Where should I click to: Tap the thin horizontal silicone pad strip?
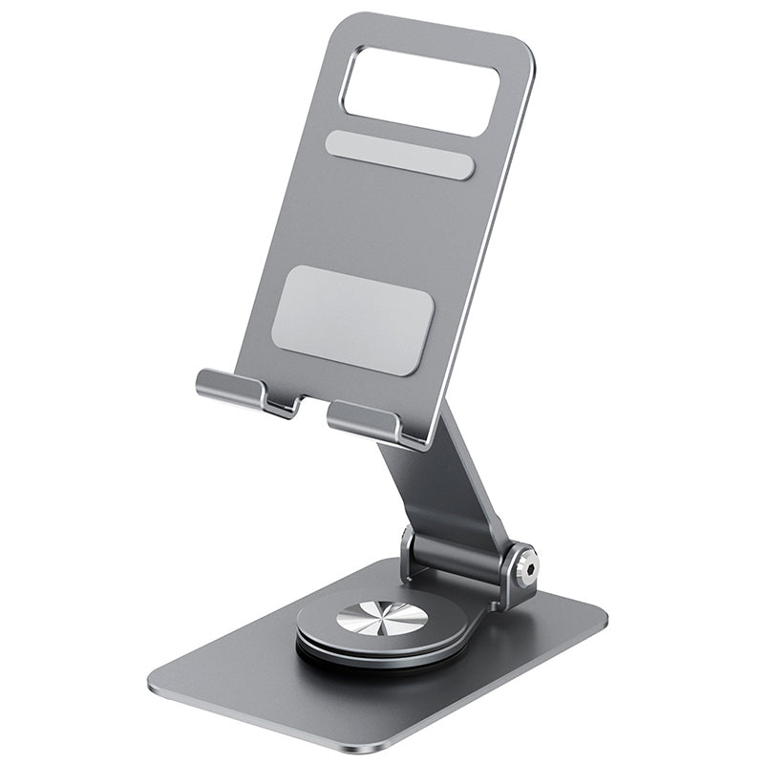(x=399, y=156)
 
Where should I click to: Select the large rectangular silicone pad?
(x=352, y=319)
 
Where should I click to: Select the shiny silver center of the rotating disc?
(x=382, y=618)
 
